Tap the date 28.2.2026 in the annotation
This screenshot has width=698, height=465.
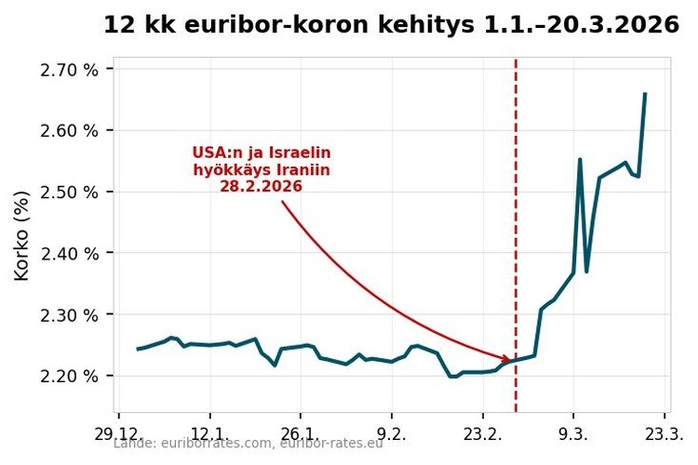coord(261,186)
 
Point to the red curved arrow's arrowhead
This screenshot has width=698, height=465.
coord(507,360)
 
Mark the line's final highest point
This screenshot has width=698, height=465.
coord(645,94)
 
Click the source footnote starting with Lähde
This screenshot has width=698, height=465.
coord(248,444)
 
